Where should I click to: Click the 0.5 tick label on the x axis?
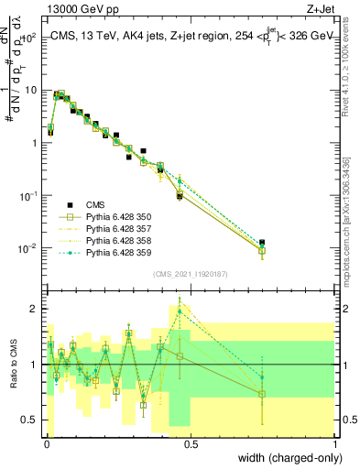point(191,442)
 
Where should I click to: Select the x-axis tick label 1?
point(336,442)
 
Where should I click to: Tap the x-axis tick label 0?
point(46,442)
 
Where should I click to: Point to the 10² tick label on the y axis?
point(30,38)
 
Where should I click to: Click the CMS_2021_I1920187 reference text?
point(191,274)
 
